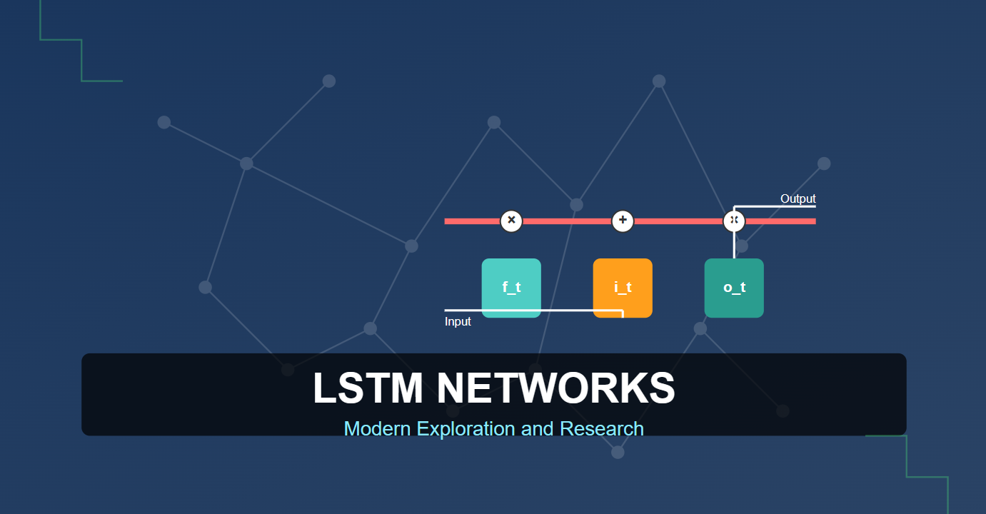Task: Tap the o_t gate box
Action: [734, 287]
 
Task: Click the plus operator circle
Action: [623, 221]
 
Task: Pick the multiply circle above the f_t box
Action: [511, 221]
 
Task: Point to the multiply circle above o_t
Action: [734, 221]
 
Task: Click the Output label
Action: [798, 198]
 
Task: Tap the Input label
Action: [458, 321]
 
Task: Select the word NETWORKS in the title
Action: [555, 388]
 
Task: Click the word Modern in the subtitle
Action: [377, 428]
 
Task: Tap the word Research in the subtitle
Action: [602, 428]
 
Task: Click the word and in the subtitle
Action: [538, 428]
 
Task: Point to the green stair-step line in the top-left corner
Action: [81, 60]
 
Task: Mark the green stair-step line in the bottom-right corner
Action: [906, 456]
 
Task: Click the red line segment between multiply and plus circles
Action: [567, 221]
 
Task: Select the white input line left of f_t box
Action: [463, 311]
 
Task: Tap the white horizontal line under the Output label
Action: [778, 206]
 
